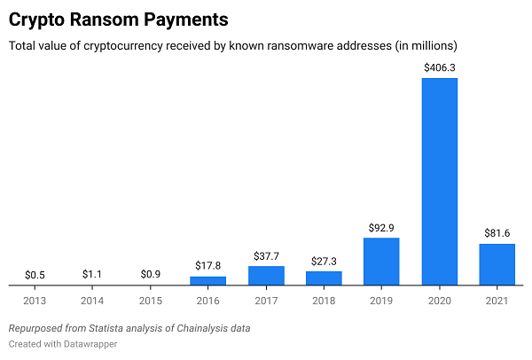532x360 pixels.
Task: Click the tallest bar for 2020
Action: (439, 182)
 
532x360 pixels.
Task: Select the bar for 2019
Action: (381, 262)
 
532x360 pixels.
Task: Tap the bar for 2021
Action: (497, 264)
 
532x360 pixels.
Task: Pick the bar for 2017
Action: (266, 276)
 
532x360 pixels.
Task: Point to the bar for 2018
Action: (324, 278)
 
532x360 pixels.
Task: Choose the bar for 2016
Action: (208, 281)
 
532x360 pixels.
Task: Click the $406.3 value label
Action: (439, 67)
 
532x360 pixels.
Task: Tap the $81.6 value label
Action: (497, 232)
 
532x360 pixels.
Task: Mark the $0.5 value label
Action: (35, 274)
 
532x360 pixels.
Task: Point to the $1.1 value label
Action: (92, 274)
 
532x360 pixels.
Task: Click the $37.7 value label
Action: (266, 254)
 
